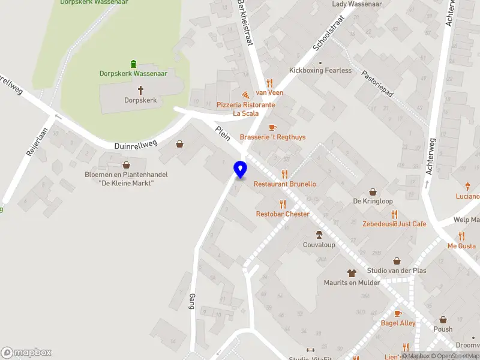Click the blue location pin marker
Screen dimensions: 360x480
point(240,169)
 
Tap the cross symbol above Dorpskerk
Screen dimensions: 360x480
point(141,90)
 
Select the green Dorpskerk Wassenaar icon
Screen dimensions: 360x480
point(133,64)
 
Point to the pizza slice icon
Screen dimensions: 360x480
point(245,95)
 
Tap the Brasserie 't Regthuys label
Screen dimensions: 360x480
point(272,137)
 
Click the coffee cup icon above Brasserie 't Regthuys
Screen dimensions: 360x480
point(272,127)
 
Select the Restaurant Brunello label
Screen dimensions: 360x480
point(284,184)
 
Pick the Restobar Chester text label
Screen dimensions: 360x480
point(283,214)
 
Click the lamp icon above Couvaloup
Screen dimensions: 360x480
point(319,234)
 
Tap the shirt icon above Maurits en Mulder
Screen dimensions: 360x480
point(352,273)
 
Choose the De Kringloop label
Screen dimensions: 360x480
point(373,202)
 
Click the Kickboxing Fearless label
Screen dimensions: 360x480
point(320,70)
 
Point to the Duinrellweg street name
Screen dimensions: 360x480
point(136,145)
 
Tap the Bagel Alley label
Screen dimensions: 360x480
point(398,323)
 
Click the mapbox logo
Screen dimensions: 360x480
point(26,352)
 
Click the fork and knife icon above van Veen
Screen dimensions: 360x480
point(269,83)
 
